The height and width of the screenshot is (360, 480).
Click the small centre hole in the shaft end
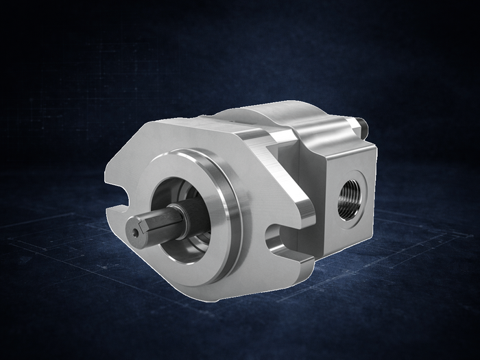point(136,232)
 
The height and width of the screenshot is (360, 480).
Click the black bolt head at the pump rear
point(361,125)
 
